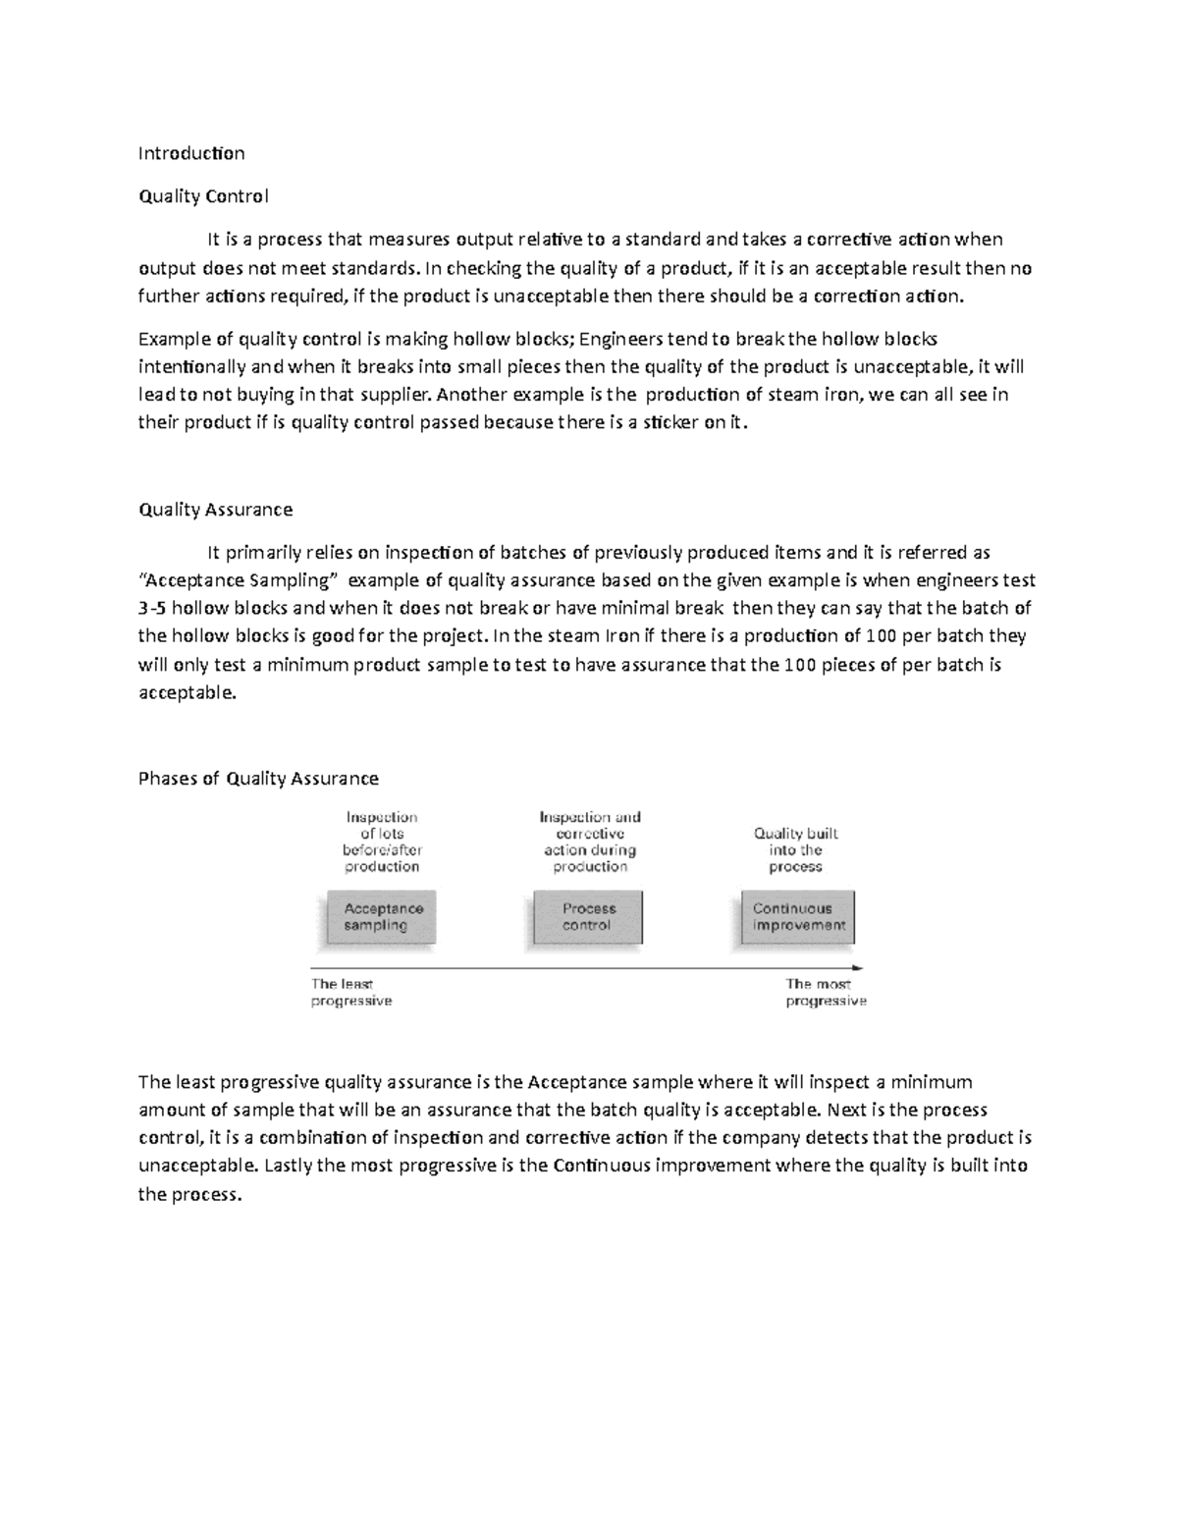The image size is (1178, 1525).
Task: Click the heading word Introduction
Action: [x=191, y=153]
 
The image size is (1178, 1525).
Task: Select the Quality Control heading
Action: [x=203, y=196]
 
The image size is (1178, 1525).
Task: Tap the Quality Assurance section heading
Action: [x=215, y=510]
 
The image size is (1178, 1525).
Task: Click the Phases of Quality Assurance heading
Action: [x=258, y=779]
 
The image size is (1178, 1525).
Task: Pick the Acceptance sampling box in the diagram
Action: [x=382, y=917]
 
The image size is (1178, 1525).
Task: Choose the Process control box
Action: [x=588, y=917]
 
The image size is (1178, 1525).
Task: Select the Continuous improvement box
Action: [x=797, y=917]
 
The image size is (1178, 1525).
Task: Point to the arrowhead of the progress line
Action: [x=858, y=968]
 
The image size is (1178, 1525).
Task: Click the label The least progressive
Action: [x=350, y=993]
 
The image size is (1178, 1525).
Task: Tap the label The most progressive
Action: [x=825, y=993]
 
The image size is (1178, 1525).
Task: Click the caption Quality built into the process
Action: [x=795, y=850]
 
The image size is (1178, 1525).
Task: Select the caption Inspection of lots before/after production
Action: [x=382, y=843]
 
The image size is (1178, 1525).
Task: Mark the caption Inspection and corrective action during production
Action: [x=590, y=843]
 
